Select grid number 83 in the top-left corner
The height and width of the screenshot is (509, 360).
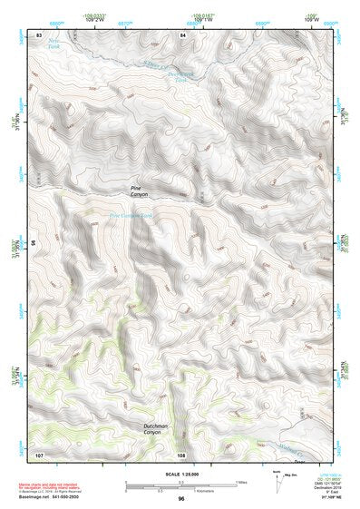click(x=39, y=34)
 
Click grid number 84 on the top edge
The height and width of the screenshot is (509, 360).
click(x=183, y=34)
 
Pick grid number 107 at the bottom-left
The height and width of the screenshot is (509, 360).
click(x=39, y=454)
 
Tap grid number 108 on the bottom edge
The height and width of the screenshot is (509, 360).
click(x=182, y=455)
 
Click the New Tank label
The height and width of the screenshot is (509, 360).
click(x=54, y=44)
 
